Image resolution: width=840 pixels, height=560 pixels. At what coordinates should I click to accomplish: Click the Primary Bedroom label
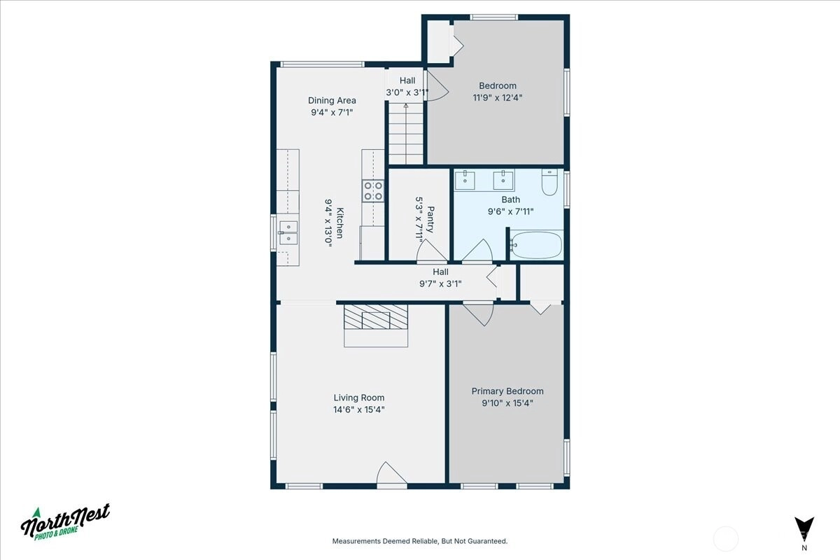click(507, 391)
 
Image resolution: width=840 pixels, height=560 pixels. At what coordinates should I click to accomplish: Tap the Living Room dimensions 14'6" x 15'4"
click(359, 409)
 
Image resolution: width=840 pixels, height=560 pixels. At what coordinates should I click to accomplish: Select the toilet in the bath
click(549, 182)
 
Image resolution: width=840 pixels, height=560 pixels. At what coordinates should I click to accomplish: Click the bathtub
click(536, 244)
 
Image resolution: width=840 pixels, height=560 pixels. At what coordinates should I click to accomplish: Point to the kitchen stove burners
click(373, 191)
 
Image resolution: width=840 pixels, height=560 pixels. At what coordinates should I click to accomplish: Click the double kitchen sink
click(288, 232)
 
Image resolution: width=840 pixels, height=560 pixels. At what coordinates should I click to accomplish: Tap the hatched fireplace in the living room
click(376, 317)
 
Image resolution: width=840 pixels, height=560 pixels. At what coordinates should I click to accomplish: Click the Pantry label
click(430, 219)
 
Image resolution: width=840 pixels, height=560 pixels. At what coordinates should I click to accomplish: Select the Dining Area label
click(332, 101)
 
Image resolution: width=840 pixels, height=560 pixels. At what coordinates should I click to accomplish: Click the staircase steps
click(406, 134)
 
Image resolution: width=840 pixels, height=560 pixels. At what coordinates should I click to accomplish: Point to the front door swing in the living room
click(391, 475)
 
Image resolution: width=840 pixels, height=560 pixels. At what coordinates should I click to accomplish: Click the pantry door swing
click(432, 251)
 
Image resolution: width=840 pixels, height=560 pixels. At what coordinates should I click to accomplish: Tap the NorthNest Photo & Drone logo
click(65, 522)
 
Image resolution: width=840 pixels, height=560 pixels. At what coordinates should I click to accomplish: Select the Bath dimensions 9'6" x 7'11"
click(510, 211)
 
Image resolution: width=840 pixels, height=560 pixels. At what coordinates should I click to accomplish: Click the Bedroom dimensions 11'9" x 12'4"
click(497, 97)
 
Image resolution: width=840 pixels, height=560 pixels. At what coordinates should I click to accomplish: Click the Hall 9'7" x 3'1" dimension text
click(440, 283)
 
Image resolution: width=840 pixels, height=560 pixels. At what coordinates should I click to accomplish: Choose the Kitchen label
click(339, 223)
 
